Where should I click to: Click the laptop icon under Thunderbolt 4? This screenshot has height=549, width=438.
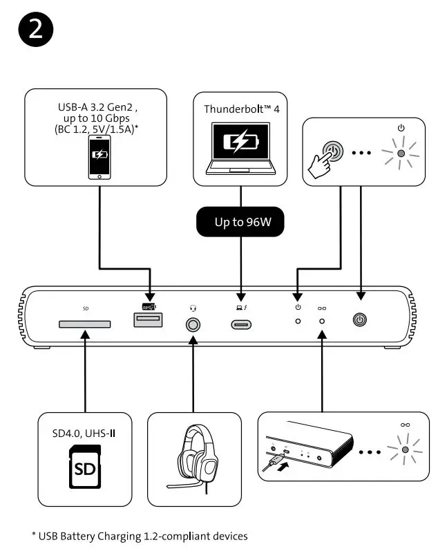(240, 147)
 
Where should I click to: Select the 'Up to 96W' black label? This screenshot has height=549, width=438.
(240, 224)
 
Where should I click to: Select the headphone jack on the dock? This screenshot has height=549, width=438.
(193, 323)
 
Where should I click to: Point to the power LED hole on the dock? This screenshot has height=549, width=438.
(298, 322)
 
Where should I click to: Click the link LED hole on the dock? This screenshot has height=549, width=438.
(322, 322)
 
